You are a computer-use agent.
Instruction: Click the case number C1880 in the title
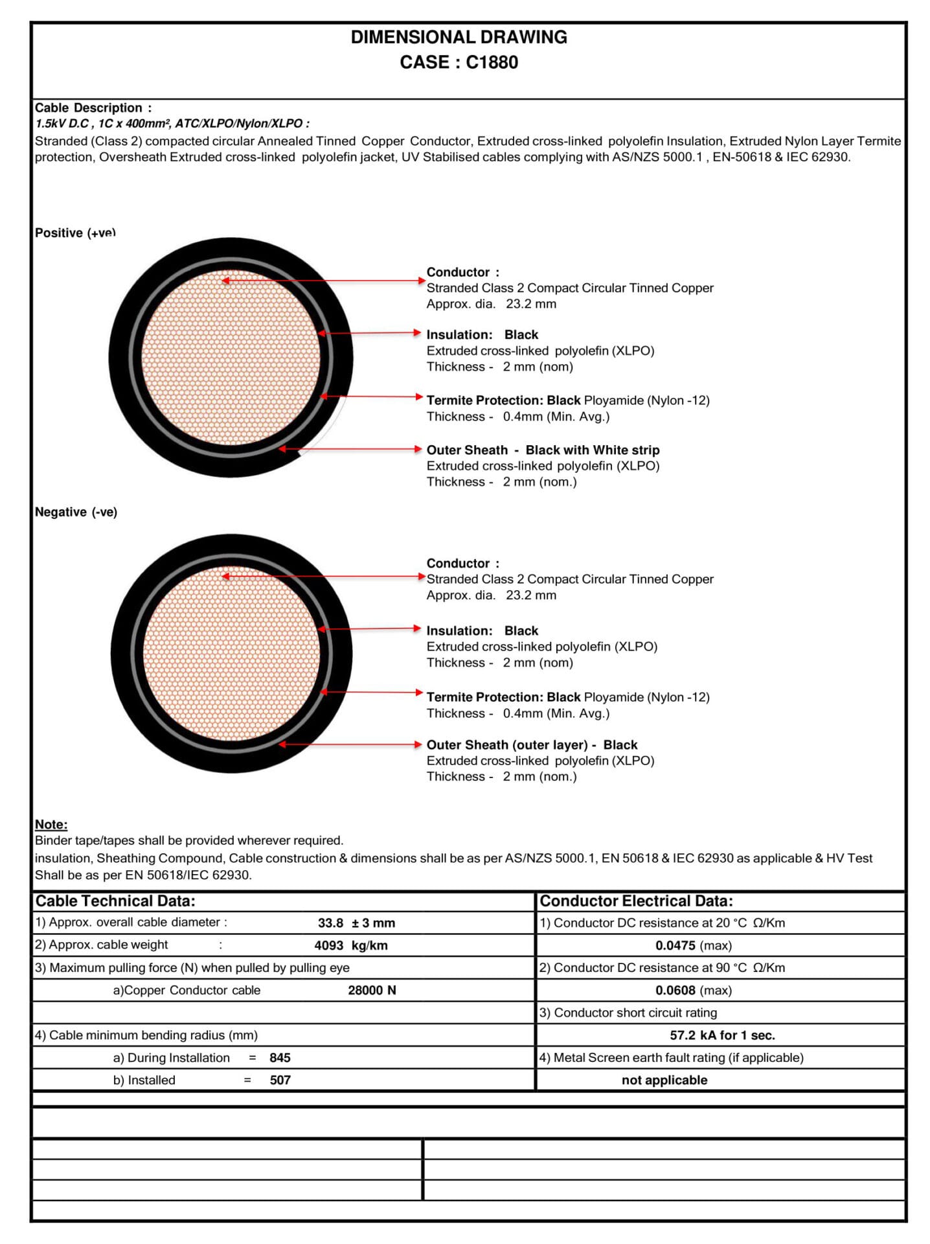[x=492, y=62]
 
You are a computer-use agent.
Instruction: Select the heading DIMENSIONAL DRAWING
[x=459, y=37]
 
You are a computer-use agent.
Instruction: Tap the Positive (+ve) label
[x=75, y=233]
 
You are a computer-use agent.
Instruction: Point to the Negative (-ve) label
[x=76, y=512]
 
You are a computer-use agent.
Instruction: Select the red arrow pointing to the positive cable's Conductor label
[x=324, y=281]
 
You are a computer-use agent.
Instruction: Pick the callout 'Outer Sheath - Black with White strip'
[x=543, y=450]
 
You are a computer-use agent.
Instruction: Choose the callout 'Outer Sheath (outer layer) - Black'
[x=532, y=744]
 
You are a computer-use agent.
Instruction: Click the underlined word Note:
[x=51, y=824]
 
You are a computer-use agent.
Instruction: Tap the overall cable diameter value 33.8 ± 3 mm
[x=356, y=923]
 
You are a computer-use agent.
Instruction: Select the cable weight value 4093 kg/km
[x=351, y=945]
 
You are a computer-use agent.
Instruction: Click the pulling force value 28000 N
[x=372, y=990]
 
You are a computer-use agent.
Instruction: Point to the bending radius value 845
[x=280, y=1057]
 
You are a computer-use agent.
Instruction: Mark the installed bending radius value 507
[x=280, y=1080]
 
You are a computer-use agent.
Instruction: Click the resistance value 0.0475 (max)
[x=693, y=945]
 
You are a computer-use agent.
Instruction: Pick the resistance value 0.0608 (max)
[x=693, y=990]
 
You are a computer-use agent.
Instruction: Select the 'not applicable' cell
[x=664, y=1080]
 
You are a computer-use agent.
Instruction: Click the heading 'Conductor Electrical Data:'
[x=636, y=901]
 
